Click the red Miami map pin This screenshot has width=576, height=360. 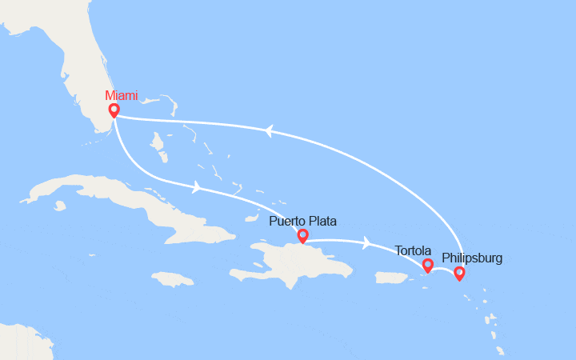tap(114, 110)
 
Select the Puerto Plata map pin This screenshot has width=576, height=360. tap(302, 235)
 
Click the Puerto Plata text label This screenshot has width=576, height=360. tap(302, 221)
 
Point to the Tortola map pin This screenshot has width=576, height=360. tap(427, 264)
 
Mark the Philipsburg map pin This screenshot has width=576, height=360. tap(458, 273)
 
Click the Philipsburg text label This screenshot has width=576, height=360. tap(472, 258)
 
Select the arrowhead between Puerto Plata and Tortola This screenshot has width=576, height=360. tap(366, 242)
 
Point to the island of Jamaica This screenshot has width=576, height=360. tap(172, 279)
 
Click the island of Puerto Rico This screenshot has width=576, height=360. tap(392, 277)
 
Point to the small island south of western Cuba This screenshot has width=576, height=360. tap(60, 206)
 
